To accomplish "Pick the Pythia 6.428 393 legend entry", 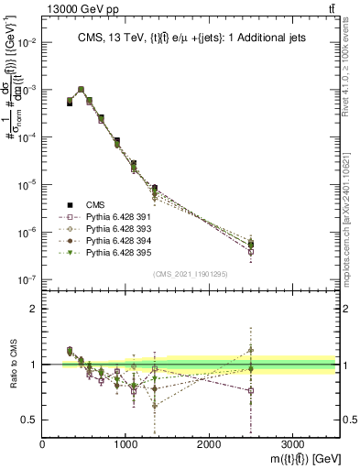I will [x=113, y=232].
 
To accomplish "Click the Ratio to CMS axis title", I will [x=12, y=365].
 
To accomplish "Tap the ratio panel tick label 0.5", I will [x=28, y=420].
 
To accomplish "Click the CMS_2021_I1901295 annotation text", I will [x=191, y=274].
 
